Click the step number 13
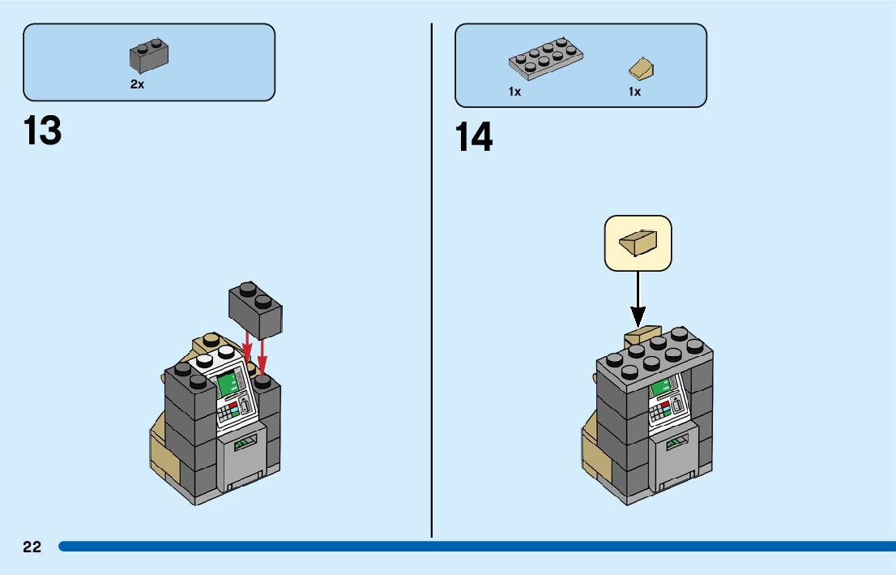43,131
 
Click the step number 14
474,137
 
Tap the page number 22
32,547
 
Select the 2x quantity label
138,84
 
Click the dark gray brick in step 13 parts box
149,55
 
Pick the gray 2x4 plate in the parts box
545,59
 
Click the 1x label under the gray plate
514,92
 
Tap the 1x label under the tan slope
634,92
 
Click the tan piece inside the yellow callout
638,242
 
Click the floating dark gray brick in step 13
255,310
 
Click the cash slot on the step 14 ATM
674,443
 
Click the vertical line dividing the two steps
432,284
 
